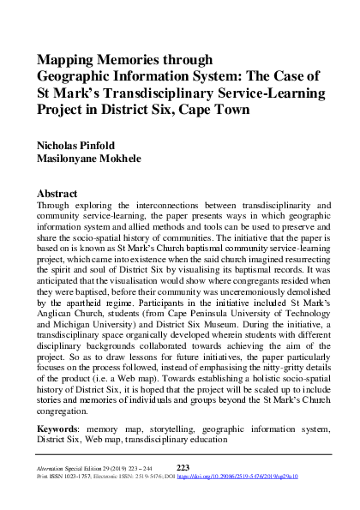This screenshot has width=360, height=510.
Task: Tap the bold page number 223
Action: tap(182, 466)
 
